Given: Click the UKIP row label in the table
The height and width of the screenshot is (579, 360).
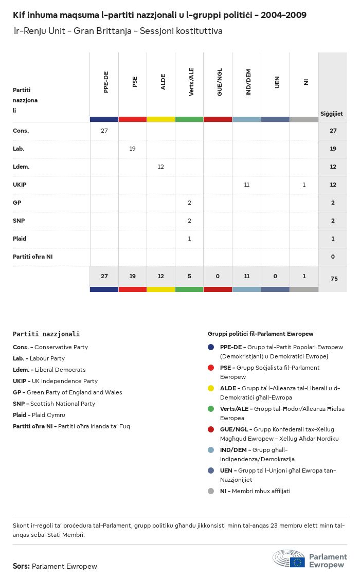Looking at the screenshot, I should click(x=20, y=185).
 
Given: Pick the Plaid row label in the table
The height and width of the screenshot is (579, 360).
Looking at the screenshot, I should click(x=20, y=239).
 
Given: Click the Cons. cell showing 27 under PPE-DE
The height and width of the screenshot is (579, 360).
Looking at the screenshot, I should click(x=104, y=131).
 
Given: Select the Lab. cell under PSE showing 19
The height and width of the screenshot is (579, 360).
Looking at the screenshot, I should click(x=133, y=149).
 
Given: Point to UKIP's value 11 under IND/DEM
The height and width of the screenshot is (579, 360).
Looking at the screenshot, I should click(x=247, y=185).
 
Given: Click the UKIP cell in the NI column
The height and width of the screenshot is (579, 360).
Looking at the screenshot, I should click(x=304, y=185).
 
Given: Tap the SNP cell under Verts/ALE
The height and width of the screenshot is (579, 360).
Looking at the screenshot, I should click(x=190, y=221).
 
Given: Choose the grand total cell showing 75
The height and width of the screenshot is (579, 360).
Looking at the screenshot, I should click(x=333, y=279).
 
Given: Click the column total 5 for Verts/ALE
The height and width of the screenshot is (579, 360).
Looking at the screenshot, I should click(x=190, y=276).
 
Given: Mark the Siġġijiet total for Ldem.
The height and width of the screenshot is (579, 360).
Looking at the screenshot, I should click(x=333, y=167).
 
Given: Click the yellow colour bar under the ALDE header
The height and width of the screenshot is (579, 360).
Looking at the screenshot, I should click(x=161, y=119).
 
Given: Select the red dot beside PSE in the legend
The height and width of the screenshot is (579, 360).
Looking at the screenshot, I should click(x=211, y=368).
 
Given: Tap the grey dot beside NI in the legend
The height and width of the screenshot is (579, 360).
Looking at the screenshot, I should click(x=211, y=491).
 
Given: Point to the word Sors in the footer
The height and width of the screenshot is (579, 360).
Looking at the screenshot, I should click(x=21, y=566).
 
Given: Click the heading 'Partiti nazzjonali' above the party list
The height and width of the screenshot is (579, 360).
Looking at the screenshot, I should click(x=46, y=334).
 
